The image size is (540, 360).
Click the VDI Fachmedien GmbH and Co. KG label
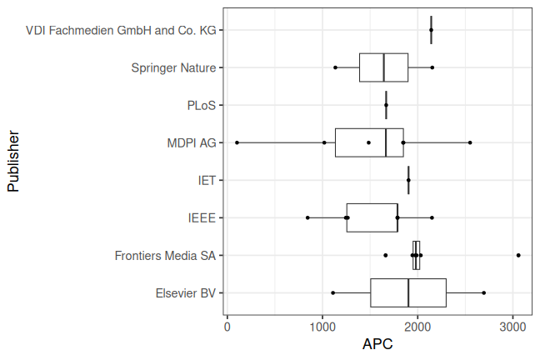121,30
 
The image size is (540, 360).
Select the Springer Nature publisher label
173,67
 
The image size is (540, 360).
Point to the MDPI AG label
191,142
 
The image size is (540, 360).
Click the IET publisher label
207,180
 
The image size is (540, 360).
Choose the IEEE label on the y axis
202,217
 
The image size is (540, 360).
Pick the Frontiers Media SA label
165,255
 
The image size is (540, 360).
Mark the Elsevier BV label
185,292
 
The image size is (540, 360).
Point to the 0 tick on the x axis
227,326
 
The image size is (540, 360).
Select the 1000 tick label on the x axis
322,326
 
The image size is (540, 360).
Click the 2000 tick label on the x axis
418,326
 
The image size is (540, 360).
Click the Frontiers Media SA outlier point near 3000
518,255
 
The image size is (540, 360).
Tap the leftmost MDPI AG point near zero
237,142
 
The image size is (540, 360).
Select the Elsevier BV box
408,292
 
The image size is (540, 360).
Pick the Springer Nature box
383,67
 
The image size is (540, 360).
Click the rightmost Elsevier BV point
484,292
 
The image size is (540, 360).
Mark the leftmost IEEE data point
307,217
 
